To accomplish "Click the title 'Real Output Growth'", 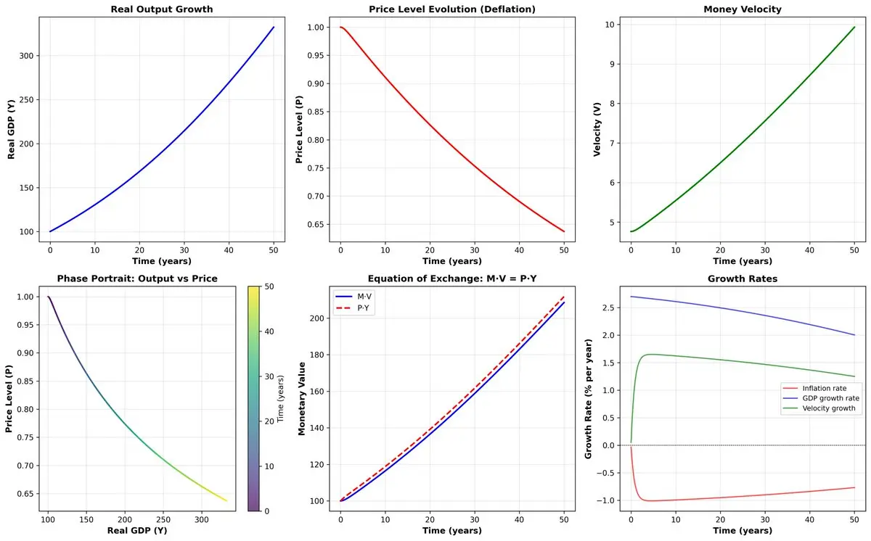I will pyautogui.click(x=162, y=9).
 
